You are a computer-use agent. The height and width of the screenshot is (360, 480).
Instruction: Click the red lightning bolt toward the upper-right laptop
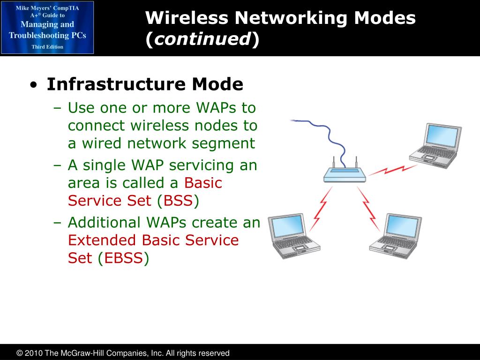pyautogui.click(x=392, y=169)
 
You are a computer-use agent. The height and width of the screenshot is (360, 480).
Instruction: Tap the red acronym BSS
pyautogui.click(x=175, y=201)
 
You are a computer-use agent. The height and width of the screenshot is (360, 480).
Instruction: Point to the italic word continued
pyautogui.click(x=202, y=40)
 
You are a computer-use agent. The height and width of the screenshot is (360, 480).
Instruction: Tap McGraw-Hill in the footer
pyautogui.click(x=83, y=353)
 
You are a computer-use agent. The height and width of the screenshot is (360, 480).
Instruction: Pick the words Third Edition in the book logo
pyautogui.click(x=47, y=47)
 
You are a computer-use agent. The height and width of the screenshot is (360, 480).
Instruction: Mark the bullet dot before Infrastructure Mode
pyautogui.click(x=33, y=86)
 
